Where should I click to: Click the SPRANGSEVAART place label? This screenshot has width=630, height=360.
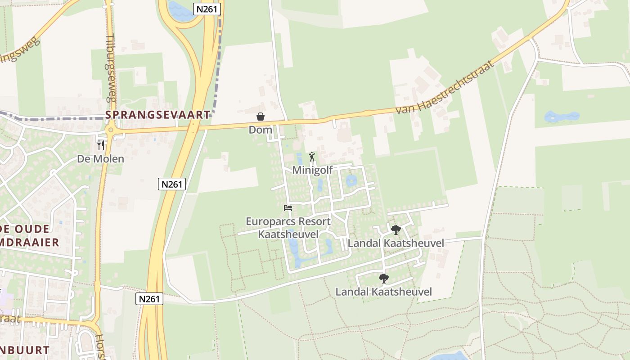point(157,115)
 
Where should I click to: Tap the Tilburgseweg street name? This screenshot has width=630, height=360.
point(111,67)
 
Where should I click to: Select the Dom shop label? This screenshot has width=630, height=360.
point(260,130)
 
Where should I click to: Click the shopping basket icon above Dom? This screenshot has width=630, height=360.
point(260,117)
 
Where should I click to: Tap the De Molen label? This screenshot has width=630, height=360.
point(100,159)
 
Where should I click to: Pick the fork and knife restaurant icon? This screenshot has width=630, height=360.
point(101,145)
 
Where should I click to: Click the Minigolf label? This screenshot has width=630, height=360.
point(312,170)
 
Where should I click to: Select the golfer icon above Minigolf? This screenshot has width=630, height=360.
point(312,157)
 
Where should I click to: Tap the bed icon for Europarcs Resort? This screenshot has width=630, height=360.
point(288,208)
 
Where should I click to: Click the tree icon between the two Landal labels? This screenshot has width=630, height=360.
point(383,279)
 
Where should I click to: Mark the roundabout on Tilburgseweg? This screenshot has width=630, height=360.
point(110,130)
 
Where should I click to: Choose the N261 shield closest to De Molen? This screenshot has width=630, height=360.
point(172,184)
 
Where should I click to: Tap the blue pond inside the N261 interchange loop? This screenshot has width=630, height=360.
point(179,10)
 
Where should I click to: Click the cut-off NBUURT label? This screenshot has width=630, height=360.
point(25,350)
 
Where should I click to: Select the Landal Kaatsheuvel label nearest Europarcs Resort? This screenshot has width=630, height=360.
point(396,243)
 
